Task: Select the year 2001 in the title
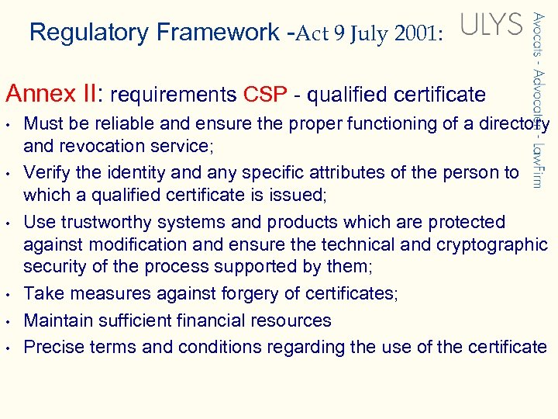coord(415,35)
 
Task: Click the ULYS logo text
coord(492,25)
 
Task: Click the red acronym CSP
coord(267,95)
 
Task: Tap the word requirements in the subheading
coord(174,95)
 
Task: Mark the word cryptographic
coord(494,245)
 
